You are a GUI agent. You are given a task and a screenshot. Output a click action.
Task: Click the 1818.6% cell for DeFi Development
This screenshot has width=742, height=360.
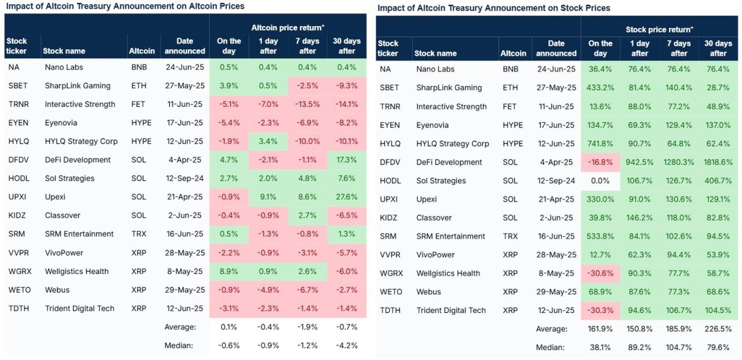click(718, 162)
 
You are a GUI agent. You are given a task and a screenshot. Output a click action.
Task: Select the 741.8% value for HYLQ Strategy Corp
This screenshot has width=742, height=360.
click(600, 144)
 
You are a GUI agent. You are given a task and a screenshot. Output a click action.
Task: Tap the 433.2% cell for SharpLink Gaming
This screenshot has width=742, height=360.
click(600, 88)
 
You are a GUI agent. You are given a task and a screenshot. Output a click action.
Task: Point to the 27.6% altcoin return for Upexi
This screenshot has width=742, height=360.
click(347, 197)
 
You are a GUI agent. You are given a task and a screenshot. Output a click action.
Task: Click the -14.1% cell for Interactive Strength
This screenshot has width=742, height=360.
click(347, 104)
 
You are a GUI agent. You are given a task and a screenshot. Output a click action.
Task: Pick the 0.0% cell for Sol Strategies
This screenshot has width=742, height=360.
click(600, 181)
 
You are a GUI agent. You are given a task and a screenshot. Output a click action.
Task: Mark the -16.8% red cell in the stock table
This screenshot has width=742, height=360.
click(600, 162)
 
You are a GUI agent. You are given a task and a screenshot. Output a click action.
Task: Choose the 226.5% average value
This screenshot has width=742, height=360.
click(718, 329)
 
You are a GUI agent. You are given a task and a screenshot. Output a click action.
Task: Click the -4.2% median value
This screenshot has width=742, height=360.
click(347, 345)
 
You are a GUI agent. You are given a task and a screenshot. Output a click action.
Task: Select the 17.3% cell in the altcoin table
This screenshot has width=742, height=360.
click(347, 160)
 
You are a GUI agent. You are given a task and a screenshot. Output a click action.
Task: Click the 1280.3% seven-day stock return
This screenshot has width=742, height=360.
click(678, 162)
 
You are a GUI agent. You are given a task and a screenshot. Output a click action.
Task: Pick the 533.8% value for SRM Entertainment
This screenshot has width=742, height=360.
click(600, 236)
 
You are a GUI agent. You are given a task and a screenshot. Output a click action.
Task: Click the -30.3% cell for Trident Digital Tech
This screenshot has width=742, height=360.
click(600, 311)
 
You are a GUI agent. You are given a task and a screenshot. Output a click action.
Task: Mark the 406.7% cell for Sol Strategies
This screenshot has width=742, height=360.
click(718, 181)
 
